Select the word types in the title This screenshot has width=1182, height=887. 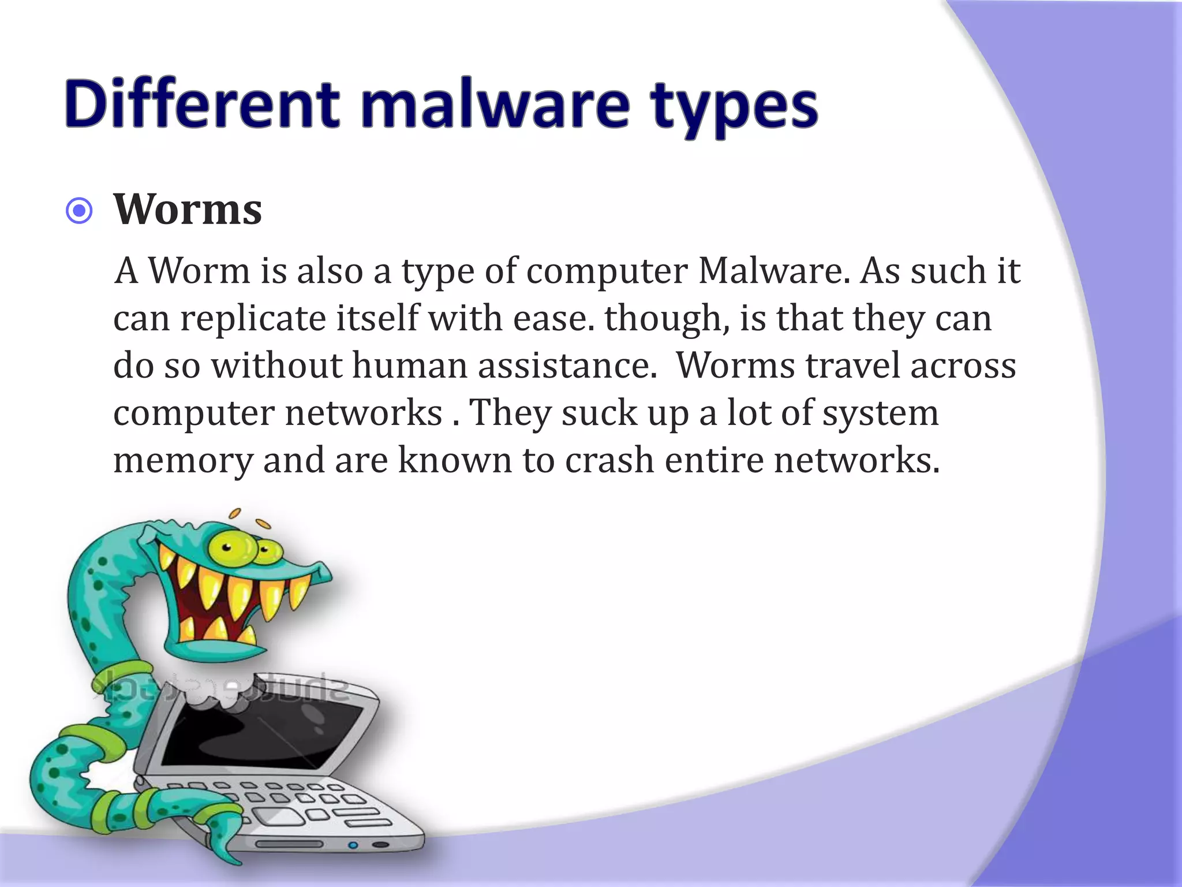(734, 107)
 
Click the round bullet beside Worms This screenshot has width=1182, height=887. (79, 211)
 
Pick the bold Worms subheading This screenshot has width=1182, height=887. (188, 209)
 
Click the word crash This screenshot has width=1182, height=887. (609, 460)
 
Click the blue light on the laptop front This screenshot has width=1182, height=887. (353, 845)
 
